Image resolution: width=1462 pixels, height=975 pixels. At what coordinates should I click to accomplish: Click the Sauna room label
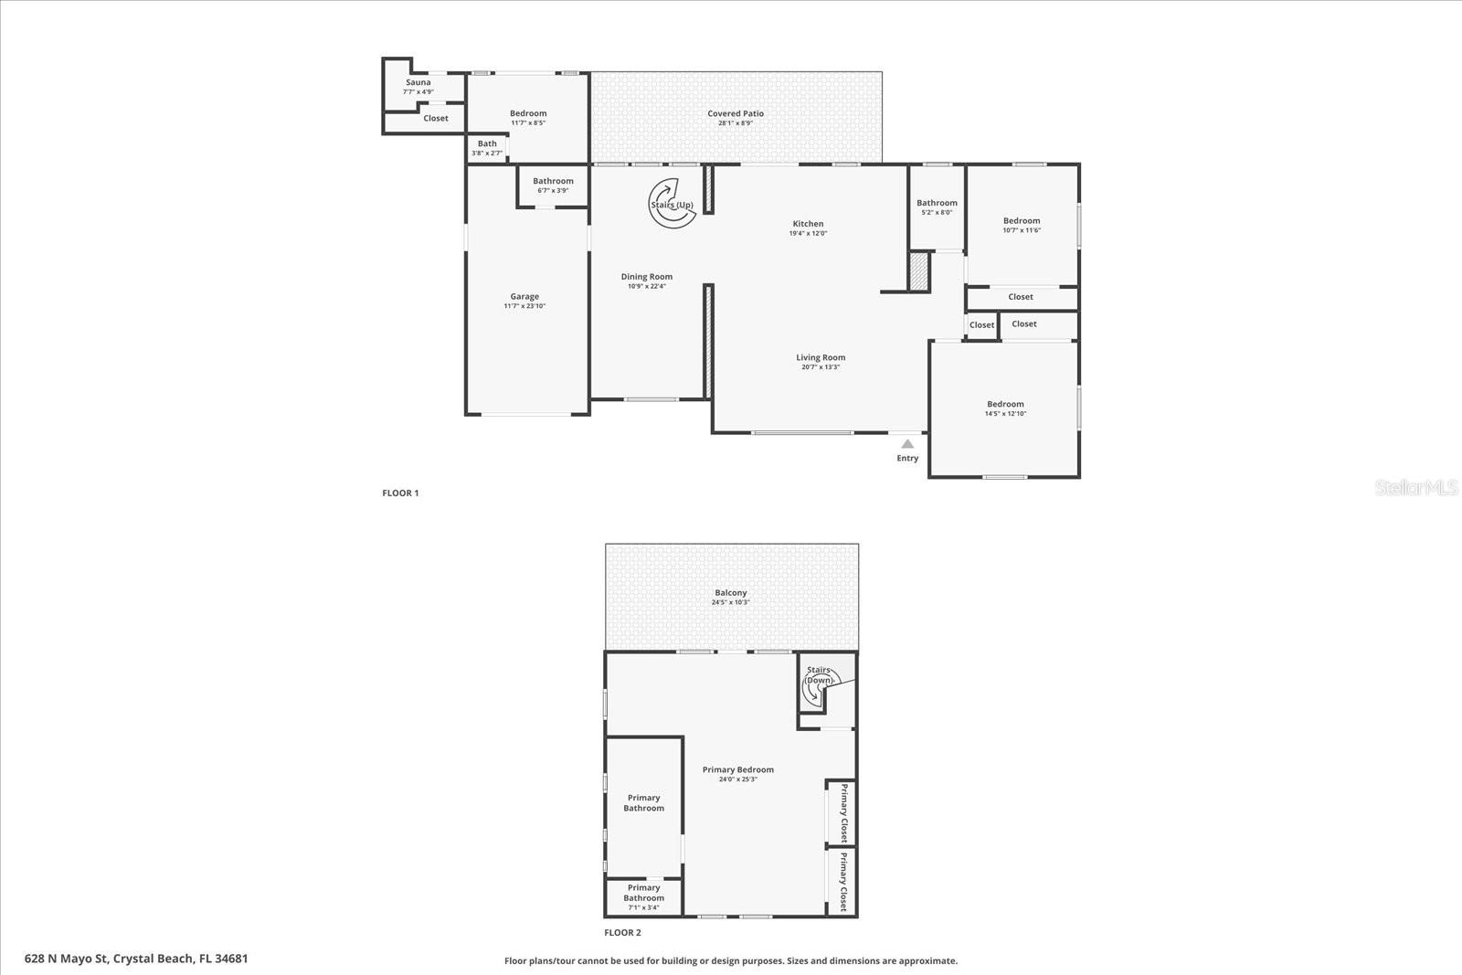[418, 82]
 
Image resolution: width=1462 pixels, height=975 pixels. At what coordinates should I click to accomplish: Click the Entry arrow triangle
[907, 444]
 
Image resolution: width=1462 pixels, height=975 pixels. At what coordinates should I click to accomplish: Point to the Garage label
[524, 296]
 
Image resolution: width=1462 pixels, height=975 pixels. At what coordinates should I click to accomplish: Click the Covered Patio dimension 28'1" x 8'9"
[735, 123]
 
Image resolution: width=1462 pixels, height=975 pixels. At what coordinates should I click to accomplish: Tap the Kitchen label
[808, 223]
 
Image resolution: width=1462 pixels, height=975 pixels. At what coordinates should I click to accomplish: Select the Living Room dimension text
[821, 367]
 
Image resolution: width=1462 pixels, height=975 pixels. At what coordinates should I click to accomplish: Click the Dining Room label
[647, 276]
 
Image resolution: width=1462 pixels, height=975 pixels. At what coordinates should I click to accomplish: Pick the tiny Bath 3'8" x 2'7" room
[487, 148]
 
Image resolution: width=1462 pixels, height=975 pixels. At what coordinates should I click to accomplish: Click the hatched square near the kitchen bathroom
[918, 271]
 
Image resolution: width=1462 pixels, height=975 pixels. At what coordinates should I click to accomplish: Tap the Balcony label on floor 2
[731, 592]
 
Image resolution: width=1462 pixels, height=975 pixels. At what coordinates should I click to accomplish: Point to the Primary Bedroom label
[737, 769]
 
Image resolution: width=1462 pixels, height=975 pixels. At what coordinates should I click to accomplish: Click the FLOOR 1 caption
[400, 493]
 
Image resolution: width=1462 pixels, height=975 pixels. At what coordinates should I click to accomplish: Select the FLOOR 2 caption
[622, 933]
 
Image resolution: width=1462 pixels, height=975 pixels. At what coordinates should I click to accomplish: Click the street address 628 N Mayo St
[136, 959]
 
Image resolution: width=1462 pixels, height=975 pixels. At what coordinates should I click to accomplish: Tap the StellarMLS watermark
[1416, 488]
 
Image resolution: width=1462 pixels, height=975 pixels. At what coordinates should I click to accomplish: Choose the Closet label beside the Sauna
[436, 118]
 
